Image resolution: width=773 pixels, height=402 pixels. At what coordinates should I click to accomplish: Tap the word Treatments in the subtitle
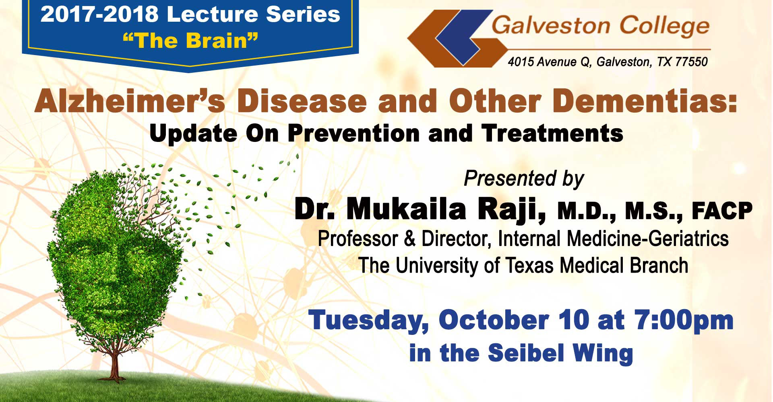[553, 133]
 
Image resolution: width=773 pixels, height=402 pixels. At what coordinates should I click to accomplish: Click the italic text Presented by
[524, 179]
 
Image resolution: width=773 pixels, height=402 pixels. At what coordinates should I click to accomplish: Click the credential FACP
[722, 211]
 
